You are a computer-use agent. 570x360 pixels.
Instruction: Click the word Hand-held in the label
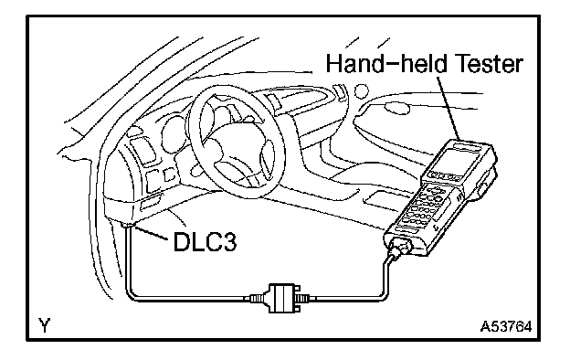click(386, 64)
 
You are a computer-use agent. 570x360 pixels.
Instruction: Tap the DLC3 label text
click(205, 242)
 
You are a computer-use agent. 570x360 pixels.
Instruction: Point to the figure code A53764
click(505, 326)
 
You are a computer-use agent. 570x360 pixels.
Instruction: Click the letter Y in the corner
click(44, 324)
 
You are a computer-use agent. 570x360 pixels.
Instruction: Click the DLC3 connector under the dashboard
click(128, 226)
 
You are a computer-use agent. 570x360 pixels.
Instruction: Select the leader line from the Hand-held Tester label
click(449, 108)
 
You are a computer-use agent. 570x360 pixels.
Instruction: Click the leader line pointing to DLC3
click(151, 233)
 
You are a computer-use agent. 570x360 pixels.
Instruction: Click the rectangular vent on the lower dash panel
click(150, 202)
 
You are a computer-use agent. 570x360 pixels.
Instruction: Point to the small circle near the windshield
click(362, 90)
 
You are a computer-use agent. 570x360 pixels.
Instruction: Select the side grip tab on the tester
click(481, 187)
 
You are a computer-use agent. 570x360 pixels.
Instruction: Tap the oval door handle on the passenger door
click(397, 108)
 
